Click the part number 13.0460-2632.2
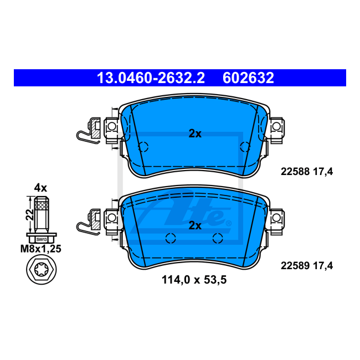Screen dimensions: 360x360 (151, 78)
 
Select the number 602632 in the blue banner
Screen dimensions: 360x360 (248, 78)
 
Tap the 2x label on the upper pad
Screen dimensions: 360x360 (195, 133)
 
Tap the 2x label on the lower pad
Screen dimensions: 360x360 (195, 225)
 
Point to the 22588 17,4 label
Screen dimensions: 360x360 (307, 172)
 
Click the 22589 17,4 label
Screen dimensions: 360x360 (307, 266)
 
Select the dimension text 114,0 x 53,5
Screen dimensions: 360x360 (194, 280)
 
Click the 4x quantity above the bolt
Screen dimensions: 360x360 (40, 188)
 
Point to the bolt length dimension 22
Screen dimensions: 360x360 (30, 215)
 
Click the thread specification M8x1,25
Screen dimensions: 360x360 (41, 249)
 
